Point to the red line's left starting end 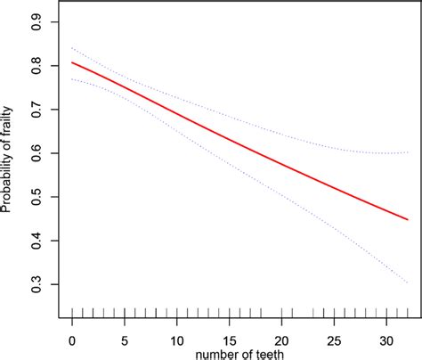[x=72, y=62]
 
